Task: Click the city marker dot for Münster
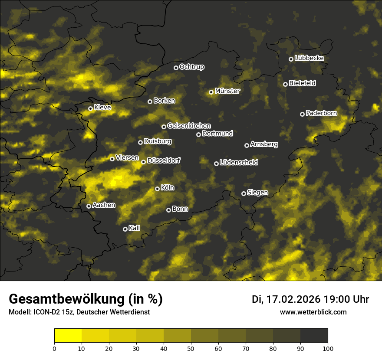coord(211,92)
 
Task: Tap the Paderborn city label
coord(321,113)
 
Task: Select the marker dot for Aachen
coord(89,206)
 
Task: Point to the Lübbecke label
coord(309,58)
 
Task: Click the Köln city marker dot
coord(157,189)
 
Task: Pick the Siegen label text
coord(257,193)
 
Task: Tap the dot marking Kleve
coord(90,108)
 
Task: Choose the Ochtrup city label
coord(191,67)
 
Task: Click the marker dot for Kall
coord(125,229)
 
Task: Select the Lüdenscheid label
coord(239,163)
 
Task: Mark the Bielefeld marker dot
coord(285,84)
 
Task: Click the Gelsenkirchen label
coord(189,126)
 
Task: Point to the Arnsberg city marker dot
coord(247,145)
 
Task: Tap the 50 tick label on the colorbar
coord(191,348)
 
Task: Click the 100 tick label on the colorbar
coord(328,348)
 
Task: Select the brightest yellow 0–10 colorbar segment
coord(68,335)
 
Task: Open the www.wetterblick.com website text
coord(313,312)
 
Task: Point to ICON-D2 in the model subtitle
coord(44,312)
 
